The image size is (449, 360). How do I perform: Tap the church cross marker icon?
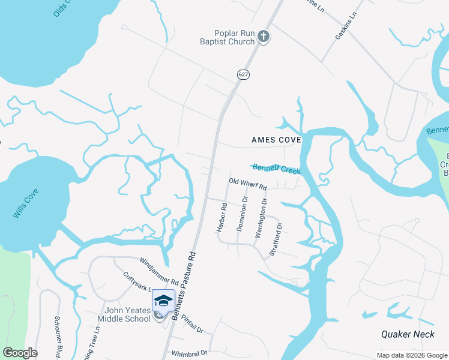[263, 37]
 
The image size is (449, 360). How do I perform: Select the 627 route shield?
[243, 74]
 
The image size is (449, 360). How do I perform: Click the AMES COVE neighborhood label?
[276, 140]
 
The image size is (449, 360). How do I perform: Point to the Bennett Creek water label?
[276, 169]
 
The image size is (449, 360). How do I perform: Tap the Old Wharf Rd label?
[247, 184]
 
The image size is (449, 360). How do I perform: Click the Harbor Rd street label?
[222, 218]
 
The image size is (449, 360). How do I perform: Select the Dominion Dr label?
[242, 214]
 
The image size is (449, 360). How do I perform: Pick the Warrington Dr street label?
[260, 221]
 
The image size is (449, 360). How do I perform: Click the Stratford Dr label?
[276, 239]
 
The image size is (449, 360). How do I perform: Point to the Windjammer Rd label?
[159, 271]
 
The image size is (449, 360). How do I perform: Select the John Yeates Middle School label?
[128, 314]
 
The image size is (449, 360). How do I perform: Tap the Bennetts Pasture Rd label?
[184, 285]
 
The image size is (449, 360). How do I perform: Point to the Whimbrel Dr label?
[189, 353]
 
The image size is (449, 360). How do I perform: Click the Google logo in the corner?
[20, 353]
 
